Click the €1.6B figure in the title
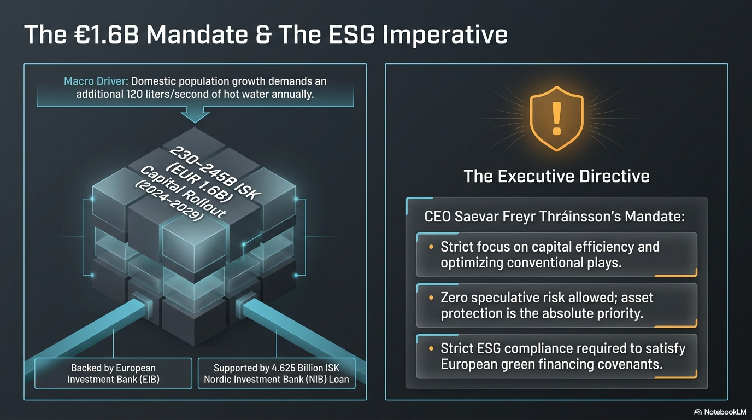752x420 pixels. click(x=106, y=34)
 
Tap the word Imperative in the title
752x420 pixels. click(x=445, y=35)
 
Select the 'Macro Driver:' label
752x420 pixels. click(x=96, y=81)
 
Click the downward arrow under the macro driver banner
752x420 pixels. click(x=195, y=115)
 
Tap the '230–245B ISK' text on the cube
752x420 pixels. click(x=215, y=173)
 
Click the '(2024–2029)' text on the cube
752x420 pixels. click(x=169, y=201)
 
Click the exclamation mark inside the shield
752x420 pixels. click(x=556, y=119)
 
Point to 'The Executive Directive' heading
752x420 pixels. click(x=556, y=176)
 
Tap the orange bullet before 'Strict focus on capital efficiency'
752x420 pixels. click(x=431, y=247)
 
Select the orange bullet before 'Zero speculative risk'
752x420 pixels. click(x=431, y=297)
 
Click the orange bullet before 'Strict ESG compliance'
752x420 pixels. click(x=431, y=349)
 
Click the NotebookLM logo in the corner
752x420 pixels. click(x=720, y=412)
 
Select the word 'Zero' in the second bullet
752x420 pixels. click(x=455, y=297)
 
